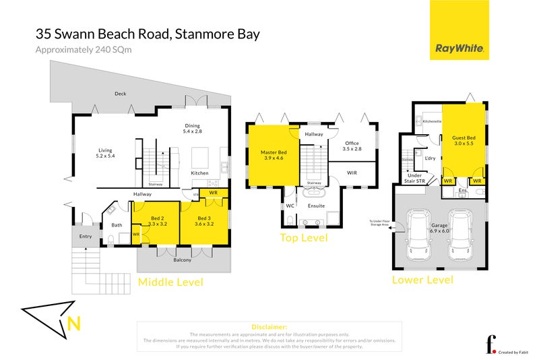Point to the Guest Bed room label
[x=464, y=141]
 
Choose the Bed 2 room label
[x=158, y=221]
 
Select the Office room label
[x=352, y=146]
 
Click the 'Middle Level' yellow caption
[x=170, y=282]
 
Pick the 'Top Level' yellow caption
[x=303, y=238]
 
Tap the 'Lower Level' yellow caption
[x=422, y=280]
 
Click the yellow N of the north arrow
[x=75, y=324]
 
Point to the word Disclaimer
[x=269, y=326]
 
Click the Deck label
[x=121, y=94]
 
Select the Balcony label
[x=183, y=260]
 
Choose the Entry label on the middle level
[x=85, y=236]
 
